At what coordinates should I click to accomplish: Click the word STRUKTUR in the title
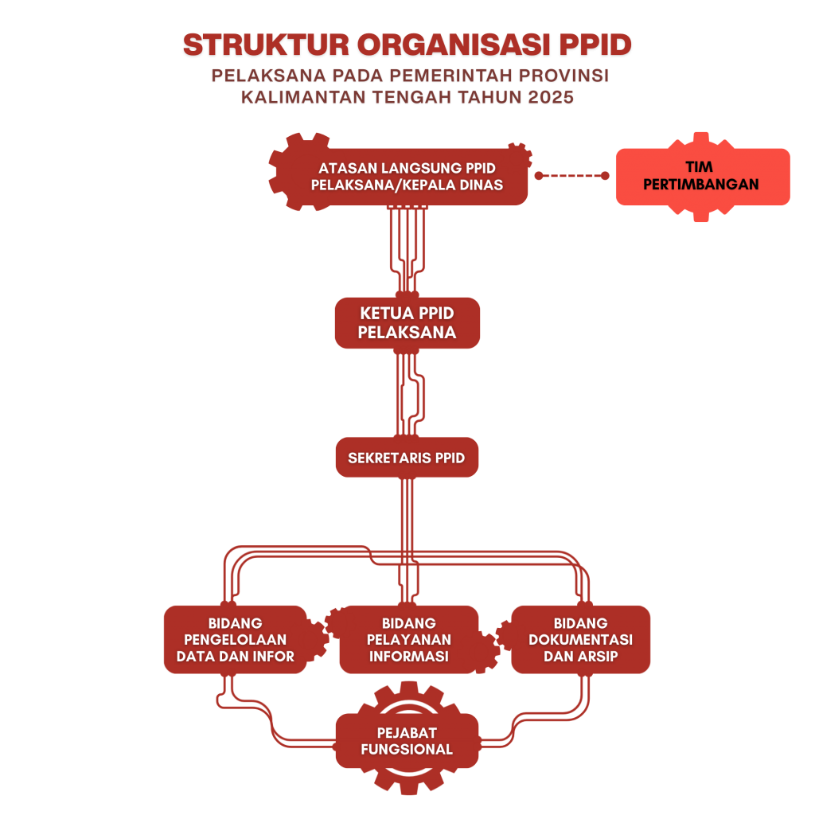(265, 45)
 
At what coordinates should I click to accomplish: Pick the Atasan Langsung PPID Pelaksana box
(407, 177)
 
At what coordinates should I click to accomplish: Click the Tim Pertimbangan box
(702, 177)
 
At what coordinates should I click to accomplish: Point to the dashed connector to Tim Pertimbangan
(571, 176)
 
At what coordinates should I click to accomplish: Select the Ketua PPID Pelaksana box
(407, 323)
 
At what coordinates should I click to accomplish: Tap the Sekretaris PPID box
(407, 458)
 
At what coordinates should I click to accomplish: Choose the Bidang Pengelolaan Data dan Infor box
(236, 640)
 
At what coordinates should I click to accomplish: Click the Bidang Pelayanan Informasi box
(408, 640)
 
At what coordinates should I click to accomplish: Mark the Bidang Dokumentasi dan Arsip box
(580, 640)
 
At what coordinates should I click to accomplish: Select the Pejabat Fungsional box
(407, 741)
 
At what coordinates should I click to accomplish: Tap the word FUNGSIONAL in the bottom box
(407, 750)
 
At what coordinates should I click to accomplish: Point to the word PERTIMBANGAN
(701, 185)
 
